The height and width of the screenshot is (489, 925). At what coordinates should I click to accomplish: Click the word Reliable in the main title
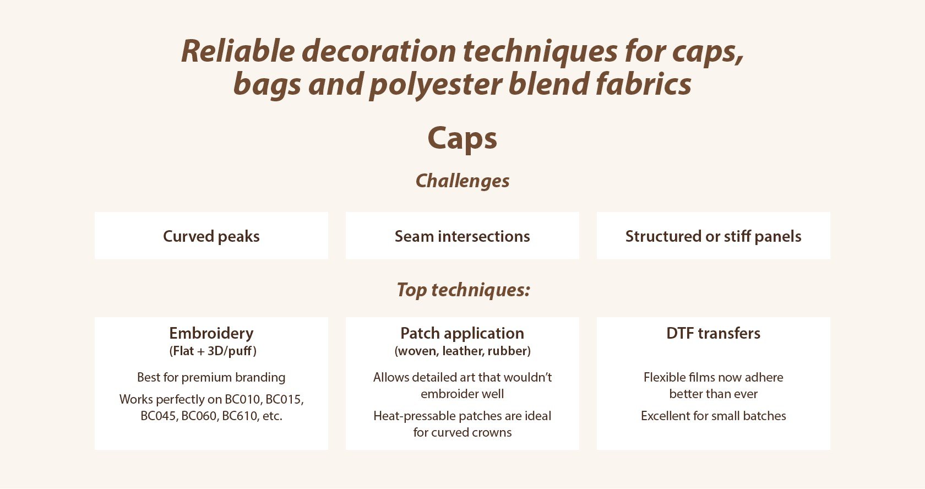238,51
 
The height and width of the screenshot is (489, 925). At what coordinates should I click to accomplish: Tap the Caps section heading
462,139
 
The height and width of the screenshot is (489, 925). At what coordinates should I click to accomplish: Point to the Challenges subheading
462,181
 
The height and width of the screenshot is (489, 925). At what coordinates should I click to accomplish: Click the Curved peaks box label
211,236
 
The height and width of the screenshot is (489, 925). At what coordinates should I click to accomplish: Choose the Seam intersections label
462,236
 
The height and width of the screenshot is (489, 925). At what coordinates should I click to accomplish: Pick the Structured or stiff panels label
713,236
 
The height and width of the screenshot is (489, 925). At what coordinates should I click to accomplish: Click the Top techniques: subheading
463,290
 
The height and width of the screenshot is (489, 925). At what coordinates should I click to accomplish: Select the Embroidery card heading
211,333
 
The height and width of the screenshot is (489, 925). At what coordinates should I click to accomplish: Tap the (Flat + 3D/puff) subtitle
213,351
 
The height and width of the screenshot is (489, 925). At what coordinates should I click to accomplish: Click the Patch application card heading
462,333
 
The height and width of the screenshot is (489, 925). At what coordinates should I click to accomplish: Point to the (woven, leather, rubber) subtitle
463,351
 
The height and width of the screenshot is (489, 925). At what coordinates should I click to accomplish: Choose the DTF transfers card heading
713,333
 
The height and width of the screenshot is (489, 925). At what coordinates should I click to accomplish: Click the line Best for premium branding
211,378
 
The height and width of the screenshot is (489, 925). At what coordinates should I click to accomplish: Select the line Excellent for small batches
713,416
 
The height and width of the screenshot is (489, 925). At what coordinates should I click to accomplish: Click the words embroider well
462,394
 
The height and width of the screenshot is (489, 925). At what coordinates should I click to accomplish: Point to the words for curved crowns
462,432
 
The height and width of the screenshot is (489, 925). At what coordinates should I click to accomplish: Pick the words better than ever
713,394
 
